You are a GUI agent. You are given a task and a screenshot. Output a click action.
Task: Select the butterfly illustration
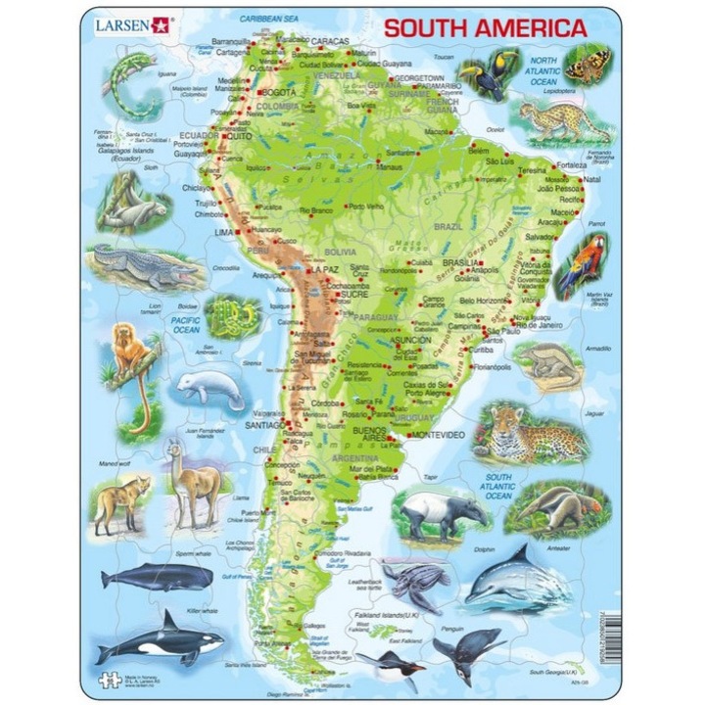pos(587,64)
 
